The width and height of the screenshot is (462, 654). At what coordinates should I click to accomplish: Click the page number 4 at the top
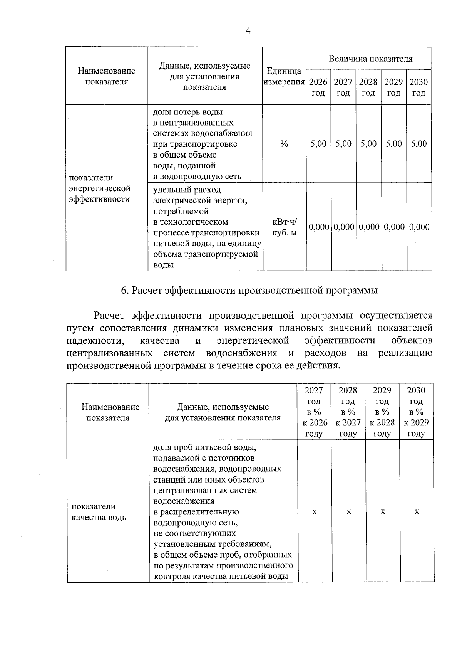pyautogui.click(x=248, y=30)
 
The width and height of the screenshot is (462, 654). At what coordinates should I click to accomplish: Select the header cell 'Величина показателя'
pyautogui.click(x=370, y=59)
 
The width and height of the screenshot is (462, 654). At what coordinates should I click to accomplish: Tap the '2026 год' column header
pyautogui.click(x=318, y=87)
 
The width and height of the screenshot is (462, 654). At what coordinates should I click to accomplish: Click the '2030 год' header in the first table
pyautogui.click(x=418, y=87)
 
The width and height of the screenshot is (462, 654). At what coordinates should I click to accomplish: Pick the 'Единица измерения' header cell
pyautogui.click(x=284, y=76)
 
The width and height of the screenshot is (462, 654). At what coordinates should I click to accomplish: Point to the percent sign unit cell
pyautogui.click(x=284, y=144)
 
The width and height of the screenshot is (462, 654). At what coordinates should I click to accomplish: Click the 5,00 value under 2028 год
pyautogui.click(x=368, y=144)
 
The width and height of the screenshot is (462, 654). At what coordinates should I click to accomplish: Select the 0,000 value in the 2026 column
pyautogui.click(x=319, y=227)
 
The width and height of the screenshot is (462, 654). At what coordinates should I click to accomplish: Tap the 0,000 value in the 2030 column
pyautogui.click(x=419, y=227)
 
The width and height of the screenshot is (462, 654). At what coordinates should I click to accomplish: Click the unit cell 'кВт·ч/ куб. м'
pyautogui.click(x=285, y=227)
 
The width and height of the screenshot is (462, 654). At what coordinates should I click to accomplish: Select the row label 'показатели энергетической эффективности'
pyautogui.click(x=100, y=188)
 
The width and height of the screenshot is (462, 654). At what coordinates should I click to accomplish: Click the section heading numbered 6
pyautogui.click(x=249, y=290)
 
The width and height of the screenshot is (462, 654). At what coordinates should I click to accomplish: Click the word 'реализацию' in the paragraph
pyautogui.click(x=405, y=353)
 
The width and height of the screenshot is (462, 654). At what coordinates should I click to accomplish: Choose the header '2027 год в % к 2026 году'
pyautogui.click(x=314, y=412)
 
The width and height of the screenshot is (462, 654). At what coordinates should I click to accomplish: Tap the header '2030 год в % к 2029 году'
pyautogui.click(x=416, y=412)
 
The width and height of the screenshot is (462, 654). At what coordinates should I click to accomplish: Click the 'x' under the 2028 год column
pyautogui.click(x=348, y=512)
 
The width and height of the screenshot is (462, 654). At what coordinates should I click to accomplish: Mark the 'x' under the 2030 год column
pyautogui.click(x=417, y=512)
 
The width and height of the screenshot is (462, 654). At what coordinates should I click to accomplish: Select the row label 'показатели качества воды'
pyautogui.click(x=99, y=512)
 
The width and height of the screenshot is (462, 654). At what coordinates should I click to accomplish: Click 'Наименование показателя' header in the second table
pyautogui.click(x=110, y=412)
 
